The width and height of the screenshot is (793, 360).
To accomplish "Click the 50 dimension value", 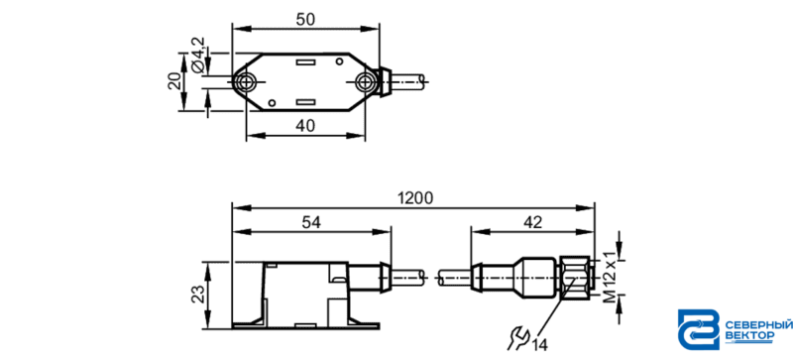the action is click(305, 19).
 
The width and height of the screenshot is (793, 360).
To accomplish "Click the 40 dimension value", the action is click(305, 125).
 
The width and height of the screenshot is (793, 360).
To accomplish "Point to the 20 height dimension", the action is click(175, 81).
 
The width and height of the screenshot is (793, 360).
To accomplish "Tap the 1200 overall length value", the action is click(415, 198).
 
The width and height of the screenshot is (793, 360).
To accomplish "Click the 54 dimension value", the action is click(311, 222).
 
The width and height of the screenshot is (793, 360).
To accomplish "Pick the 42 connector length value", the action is click(532, 222).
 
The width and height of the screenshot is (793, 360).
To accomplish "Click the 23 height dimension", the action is click(198, 294).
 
